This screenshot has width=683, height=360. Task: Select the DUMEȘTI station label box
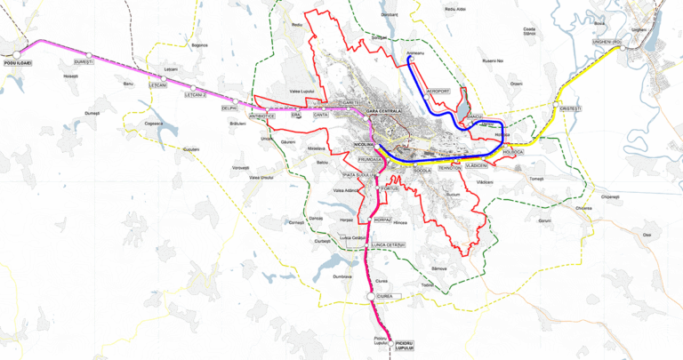coord(84,62)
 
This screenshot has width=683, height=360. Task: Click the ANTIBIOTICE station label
coord(262,116)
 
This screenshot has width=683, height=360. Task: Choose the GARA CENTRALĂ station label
coord(385,111)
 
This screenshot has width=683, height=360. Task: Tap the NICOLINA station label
coord(365,143)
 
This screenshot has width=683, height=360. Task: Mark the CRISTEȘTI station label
coord(571,108)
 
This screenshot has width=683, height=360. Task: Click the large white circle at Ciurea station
coord(371,296)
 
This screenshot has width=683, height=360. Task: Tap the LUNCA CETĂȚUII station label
coord(389,244)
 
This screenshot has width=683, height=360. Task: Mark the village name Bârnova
coord(438,268)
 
